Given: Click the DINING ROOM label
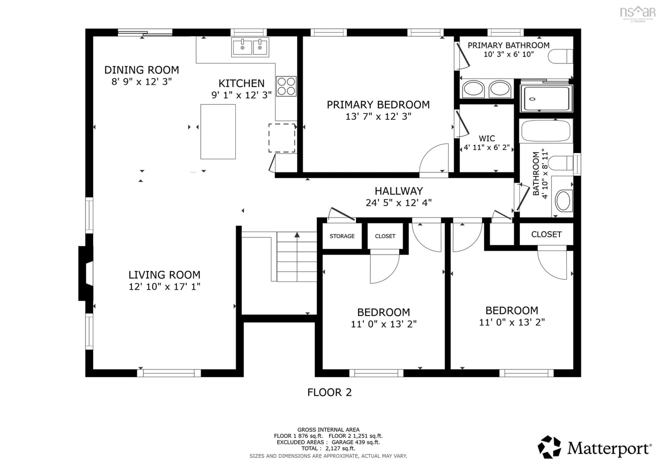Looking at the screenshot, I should click(x=142, y=70).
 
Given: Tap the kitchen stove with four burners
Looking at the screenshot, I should click(x=286, y=86).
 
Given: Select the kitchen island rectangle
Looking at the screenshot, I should click(x=218, y=132).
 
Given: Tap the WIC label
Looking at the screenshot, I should click(x=487, y=138).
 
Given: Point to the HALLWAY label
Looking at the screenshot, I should click(x=399, y=191).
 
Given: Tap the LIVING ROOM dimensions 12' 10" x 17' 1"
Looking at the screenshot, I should click(x=164, y=286).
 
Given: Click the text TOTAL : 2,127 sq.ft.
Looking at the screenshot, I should click(x=328, y=448).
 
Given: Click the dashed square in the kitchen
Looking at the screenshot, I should click(x=282, y=138).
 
